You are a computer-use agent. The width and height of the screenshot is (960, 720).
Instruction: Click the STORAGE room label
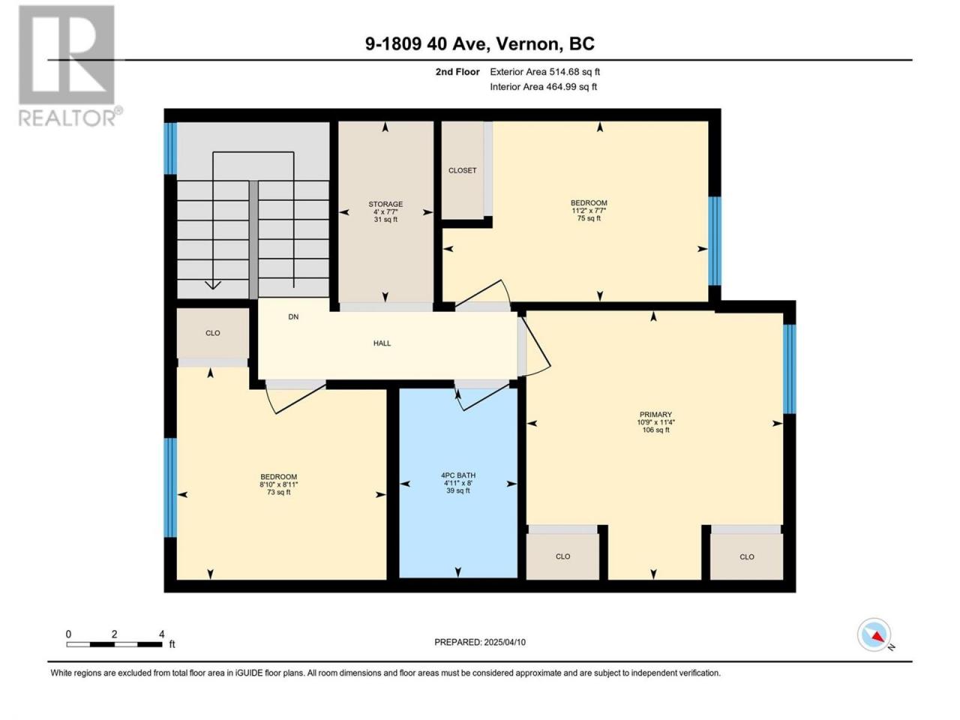tap(385, 204)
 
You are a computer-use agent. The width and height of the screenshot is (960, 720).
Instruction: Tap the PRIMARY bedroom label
tap(655, 415)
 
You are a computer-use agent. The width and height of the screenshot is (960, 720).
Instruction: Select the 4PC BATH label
tap(458, 475)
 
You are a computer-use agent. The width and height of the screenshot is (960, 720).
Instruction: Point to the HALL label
tap(382, 343)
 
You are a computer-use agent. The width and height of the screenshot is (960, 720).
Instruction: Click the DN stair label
tap(293, 316)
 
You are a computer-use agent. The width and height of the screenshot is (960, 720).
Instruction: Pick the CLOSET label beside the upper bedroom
tap(462, 170)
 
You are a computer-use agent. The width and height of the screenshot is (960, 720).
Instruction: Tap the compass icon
tap(874, 634)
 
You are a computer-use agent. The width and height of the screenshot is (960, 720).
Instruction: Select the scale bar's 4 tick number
tap(162, 634)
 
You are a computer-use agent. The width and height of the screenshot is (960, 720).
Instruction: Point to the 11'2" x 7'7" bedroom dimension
tap(588, 210)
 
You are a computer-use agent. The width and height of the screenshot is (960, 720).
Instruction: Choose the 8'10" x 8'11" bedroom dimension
tap(278, 484)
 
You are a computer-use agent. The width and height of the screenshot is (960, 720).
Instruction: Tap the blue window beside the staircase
tap(170, 148)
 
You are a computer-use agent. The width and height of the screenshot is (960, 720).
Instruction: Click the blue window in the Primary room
tap(790, 369)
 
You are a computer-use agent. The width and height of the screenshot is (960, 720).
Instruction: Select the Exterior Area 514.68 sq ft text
tap(545, 72)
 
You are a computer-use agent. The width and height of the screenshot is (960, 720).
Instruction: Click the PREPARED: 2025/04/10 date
tap(480, 642)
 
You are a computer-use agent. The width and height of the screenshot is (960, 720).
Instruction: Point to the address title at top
tap(480, 43)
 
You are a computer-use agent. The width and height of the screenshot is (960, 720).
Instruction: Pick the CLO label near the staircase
tap(212, 333)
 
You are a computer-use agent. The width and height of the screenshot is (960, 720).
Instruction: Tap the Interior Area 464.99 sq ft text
tap(543, 86)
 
